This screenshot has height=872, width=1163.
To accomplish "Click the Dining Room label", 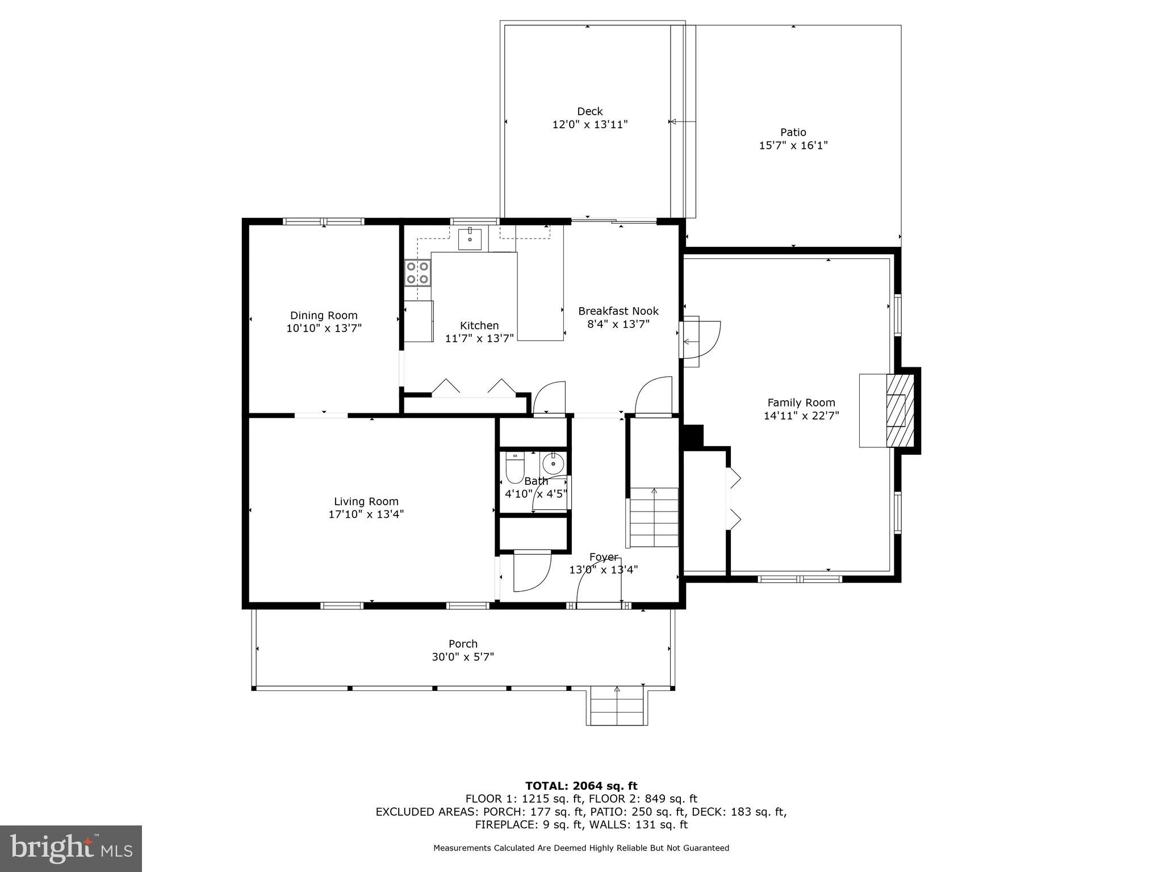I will click(324, 316).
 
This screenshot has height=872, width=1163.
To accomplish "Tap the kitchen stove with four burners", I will click(417, 272).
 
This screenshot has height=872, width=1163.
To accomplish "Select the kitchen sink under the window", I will click(470, 240).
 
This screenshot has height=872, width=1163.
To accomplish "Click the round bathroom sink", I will click(553, 464).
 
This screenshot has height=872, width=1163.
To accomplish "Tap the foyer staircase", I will click(654, 517).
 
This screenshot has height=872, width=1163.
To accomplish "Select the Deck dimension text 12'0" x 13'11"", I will click(589, 124).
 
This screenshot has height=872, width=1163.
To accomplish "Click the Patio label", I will click(793, 132).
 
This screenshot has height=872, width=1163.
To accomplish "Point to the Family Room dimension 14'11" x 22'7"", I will click(801, 416).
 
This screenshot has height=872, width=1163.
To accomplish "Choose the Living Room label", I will click(366, 501).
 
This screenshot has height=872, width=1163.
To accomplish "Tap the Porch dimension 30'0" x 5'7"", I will click(463, 657).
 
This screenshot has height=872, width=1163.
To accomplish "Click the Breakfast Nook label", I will click(618, 311).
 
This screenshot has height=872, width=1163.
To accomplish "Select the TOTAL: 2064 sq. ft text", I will click(581, 786).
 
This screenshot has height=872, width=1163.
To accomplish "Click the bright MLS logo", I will click(71, 848).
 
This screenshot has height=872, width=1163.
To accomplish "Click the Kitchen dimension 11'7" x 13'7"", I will click(479, 338).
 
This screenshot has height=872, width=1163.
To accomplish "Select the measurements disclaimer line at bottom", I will click(581, 848).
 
